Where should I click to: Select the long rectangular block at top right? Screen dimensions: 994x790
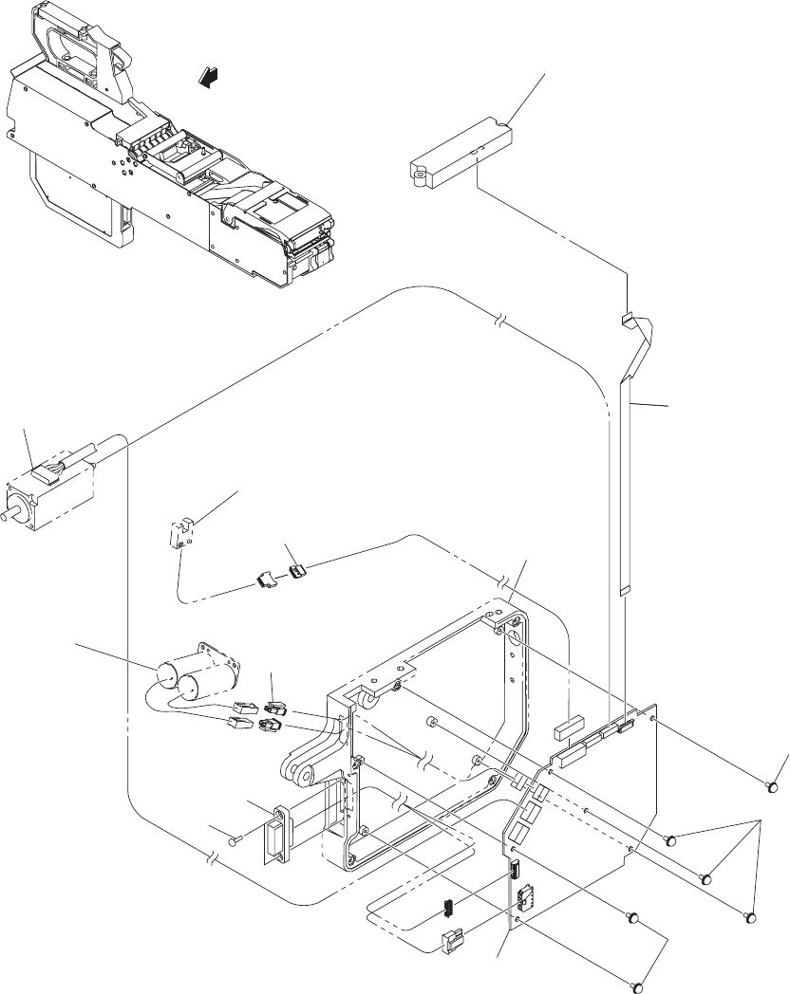(x=462, y=151)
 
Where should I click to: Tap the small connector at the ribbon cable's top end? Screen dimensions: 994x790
(x=627, y=316)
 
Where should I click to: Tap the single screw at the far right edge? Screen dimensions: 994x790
(x=774, y=786)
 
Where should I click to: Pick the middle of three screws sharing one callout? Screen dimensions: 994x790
(x=705, y=877)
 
